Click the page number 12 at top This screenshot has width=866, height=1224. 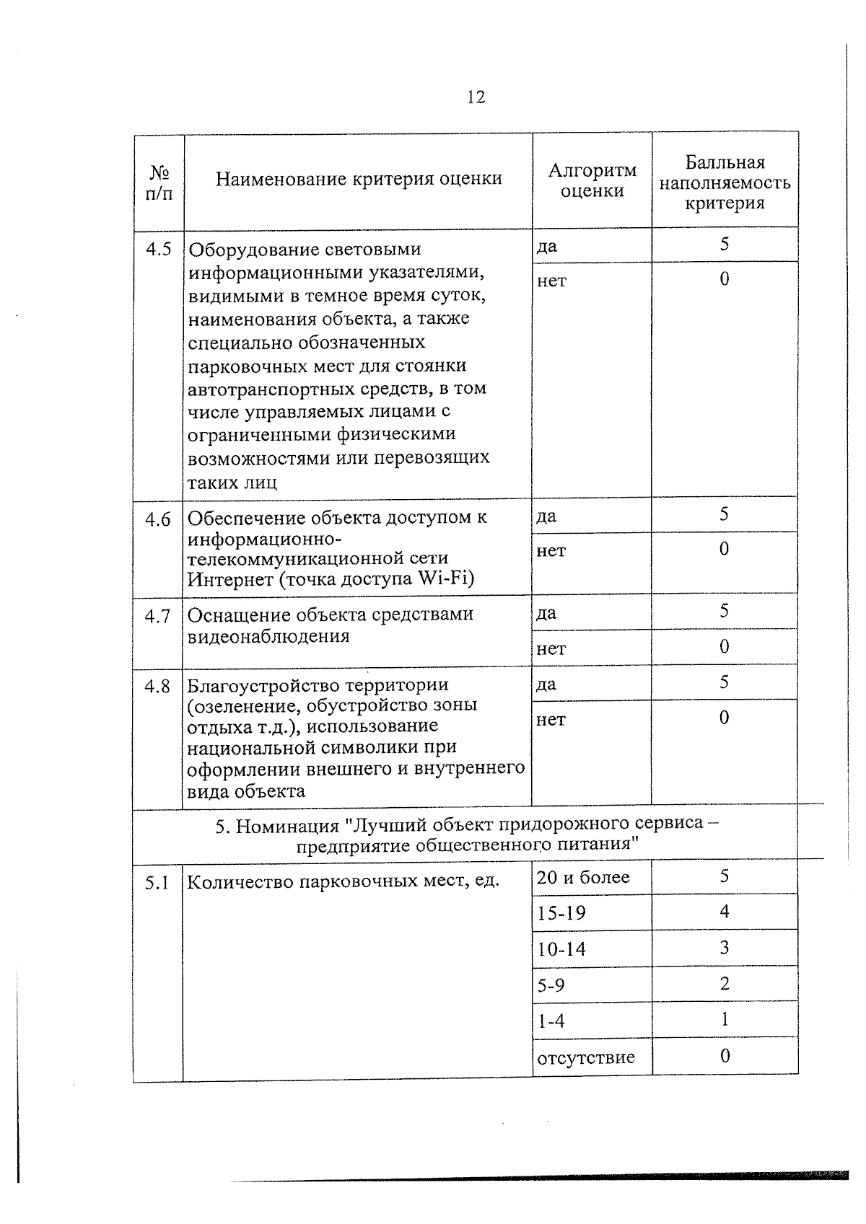pyautogui.click(x=476, y=97)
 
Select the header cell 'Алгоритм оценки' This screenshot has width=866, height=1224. pyautogui.click(x=592, y=180)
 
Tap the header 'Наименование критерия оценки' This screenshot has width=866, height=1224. pyautogui.click(x=359, y=179)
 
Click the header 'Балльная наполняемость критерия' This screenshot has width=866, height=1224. pyautogui.click(x=725, y=182)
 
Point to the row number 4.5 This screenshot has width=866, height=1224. pyautogui.click(x=159, y=250)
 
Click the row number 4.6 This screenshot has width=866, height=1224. pyautogui.click(x=159, y=519)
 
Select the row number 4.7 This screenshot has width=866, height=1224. pyautogui.click(x=157, y=616)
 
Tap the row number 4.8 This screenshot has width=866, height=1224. pyautogui.click(x=157, y=687)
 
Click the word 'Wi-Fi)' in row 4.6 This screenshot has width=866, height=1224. pyautogui.click(x=447, y=579)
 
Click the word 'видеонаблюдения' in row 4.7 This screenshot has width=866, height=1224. pyautogui.click(x=268, y=637)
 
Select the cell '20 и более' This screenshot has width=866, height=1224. pyautogui.click(x=583, y=878)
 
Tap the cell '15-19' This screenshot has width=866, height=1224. pyautogui.click(x=561, y=914)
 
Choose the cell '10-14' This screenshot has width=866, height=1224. pyautogui.click(x=561, y=949)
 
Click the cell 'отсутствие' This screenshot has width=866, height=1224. pyautogui.click(x=586, y=1058)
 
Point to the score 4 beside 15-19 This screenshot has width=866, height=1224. pyautogui.click(x=725, y=912)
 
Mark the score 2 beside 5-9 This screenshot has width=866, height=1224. pyautogui.click(x=725, y=984)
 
